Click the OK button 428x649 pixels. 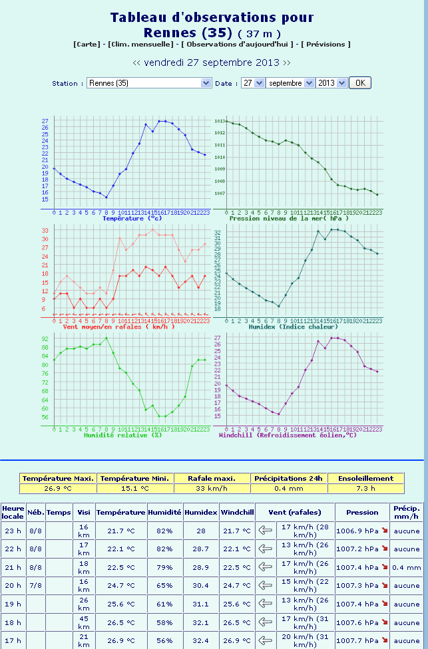359,83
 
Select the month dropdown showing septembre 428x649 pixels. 290,83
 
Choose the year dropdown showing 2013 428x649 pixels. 331,83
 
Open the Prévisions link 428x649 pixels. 325,44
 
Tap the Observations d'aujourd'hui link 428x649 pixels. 238,44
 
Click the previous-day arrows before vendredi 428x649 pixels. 136,63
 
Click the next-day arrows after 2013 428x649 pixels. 287,63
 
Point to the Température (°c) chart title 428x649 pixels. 132,218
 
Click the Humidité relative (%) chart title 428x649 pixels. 122,435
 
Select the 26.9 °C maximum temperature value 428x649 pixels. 58,488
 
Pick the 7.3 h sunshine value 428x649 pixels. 366,488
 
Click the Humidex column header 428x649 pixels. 200,512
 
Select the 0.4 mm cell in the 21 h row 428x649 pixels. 407,568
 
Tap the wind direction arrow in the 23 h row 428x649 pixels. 266,531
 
